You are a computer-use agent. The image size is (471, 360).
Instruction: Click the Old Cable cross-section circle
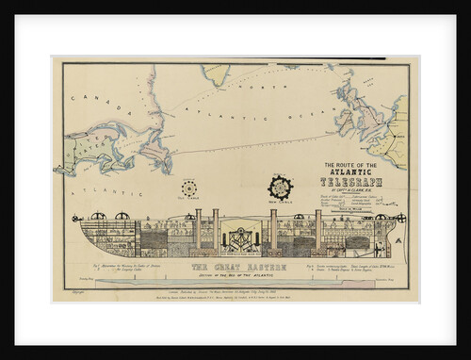(x=189, y=188)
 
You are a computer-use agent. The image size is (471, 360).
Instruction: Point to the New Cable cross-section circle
(x=280, y=187)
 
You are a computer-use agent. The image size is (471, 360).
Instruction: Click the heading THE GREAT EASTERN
(x=232, y=267)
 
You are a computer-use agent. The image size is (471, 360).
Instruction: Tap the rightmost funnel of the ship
(x=317, y=225)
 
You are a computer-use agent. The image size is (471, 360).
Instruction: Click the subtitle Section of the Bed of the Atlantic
(x=232, y=274)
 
